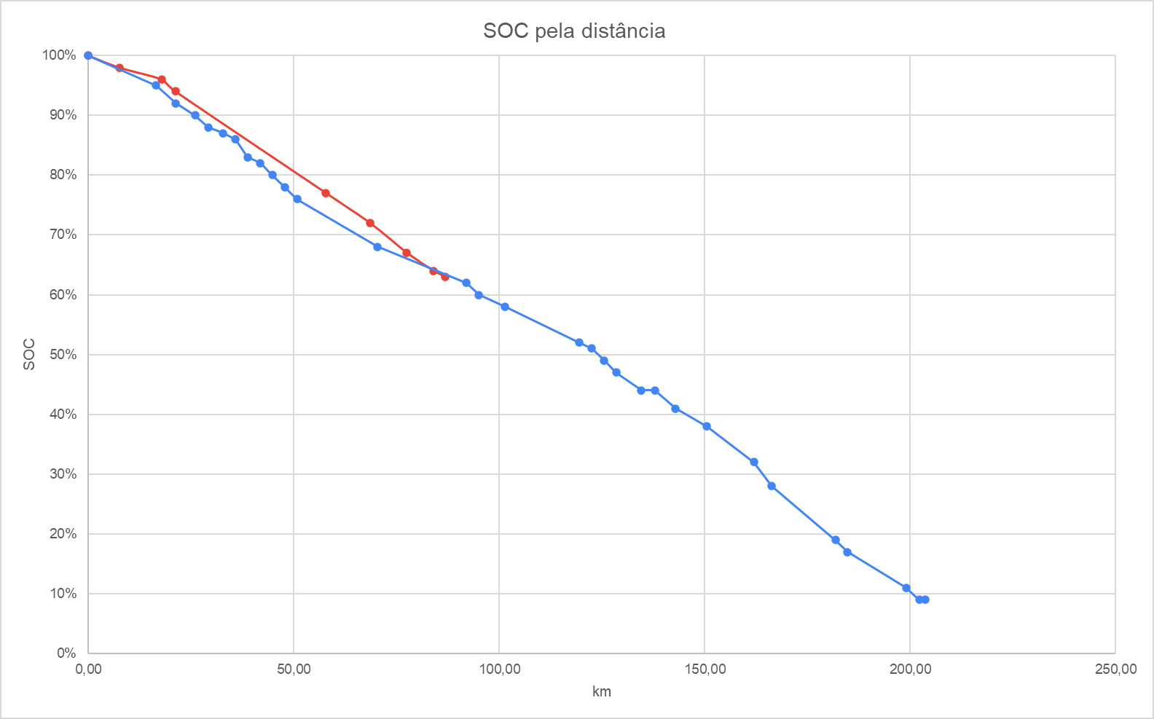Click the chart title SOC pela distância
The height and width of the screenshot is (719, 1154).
point(574,31)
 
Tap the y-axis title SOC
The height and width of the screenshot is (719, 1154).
point(29,354)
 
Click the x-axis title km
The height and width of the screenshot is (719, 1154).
point(601,691)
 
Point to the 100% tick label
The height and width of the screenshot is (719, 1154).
point(59,55)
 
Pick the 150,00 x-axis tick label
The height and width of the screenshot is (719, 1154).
point(704,669)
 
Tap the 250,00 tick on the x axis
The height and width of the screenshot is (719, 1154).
point(1115,669)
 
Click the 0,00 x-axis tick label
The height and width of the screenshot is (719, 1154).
point(88,669)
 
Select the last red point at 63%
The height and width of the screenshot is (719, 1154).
point(445,277)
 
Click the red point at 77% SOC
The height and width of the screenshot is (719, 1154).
point(326,193)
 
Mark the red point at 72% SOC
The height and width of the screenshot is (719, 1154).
point(370,223)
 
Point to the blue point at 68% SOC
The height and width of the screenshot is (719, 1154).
point(377,247)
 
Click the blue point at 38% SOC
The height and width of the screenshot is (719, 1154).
point(707,426)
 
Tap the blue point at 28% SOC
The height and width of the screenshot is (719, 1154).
point(772,486)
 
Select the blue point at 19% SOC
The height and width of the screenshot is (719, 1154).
point(836,540)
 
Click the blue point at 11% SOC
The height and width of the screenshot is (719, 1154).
point(906,588)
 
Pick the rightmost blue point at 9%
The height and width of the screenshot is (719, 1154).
point(925,600)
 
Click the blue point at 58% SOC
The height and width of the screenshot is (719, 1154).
point(505,307)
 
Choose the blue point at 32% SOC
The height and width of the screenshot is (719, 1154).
point(754,462)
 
